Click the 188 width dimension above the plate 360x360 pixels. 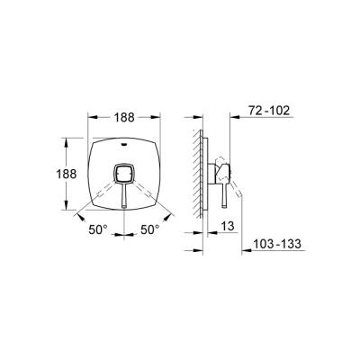point(124,118)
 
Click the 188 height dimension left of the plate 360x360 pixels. point(67,174)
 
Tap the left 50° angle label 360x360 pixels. point(98,230)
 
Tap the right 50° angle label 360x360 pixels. point(150,230)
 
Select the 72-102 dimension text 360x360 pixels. point(269,111)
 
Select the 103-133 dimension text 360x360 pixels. point(277,244)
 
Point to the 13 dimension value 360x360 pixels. point(229,226)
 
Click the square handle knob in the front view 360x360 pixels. point(124,174)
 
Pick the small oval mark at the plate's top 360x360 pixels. point(124,144)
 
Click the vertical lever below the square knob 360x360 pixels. point(124,196)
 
